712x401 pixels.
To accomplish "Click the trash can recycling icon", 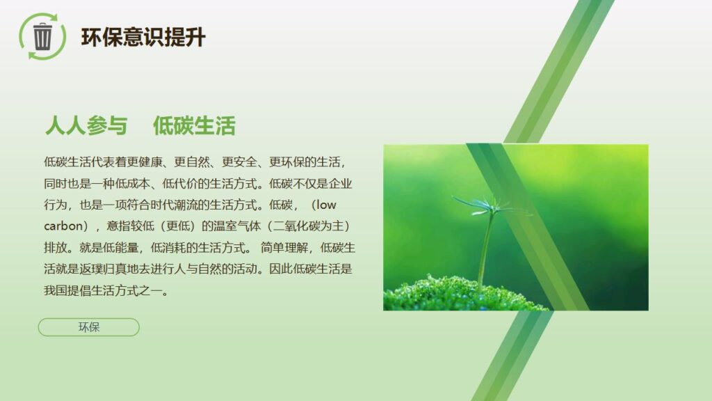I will pyautogui.click(x=42, y=36).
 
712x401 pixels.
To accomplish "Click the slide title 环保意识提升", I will pyautogui.click(x=143, y=37).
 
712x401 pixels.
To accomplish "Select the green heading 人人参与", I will pyautogui.click(x=86, y=126).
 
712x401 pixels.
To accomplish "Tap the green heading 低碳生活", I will pyautogui.click(x=195, y=126).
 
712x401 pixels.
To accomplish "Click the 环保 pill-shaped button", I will pyautogui.click(x=89, y=327).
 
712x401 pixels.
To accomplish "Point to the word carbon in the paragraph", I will pyautogui.click(x=63, y=226).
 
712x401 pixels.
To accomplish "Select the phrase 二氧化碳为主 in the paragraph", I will pyautogui.click(x=311, y=226).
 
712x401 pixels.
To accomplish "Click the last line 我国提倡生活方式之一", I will pyautogui.click(x=106, y=290).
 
